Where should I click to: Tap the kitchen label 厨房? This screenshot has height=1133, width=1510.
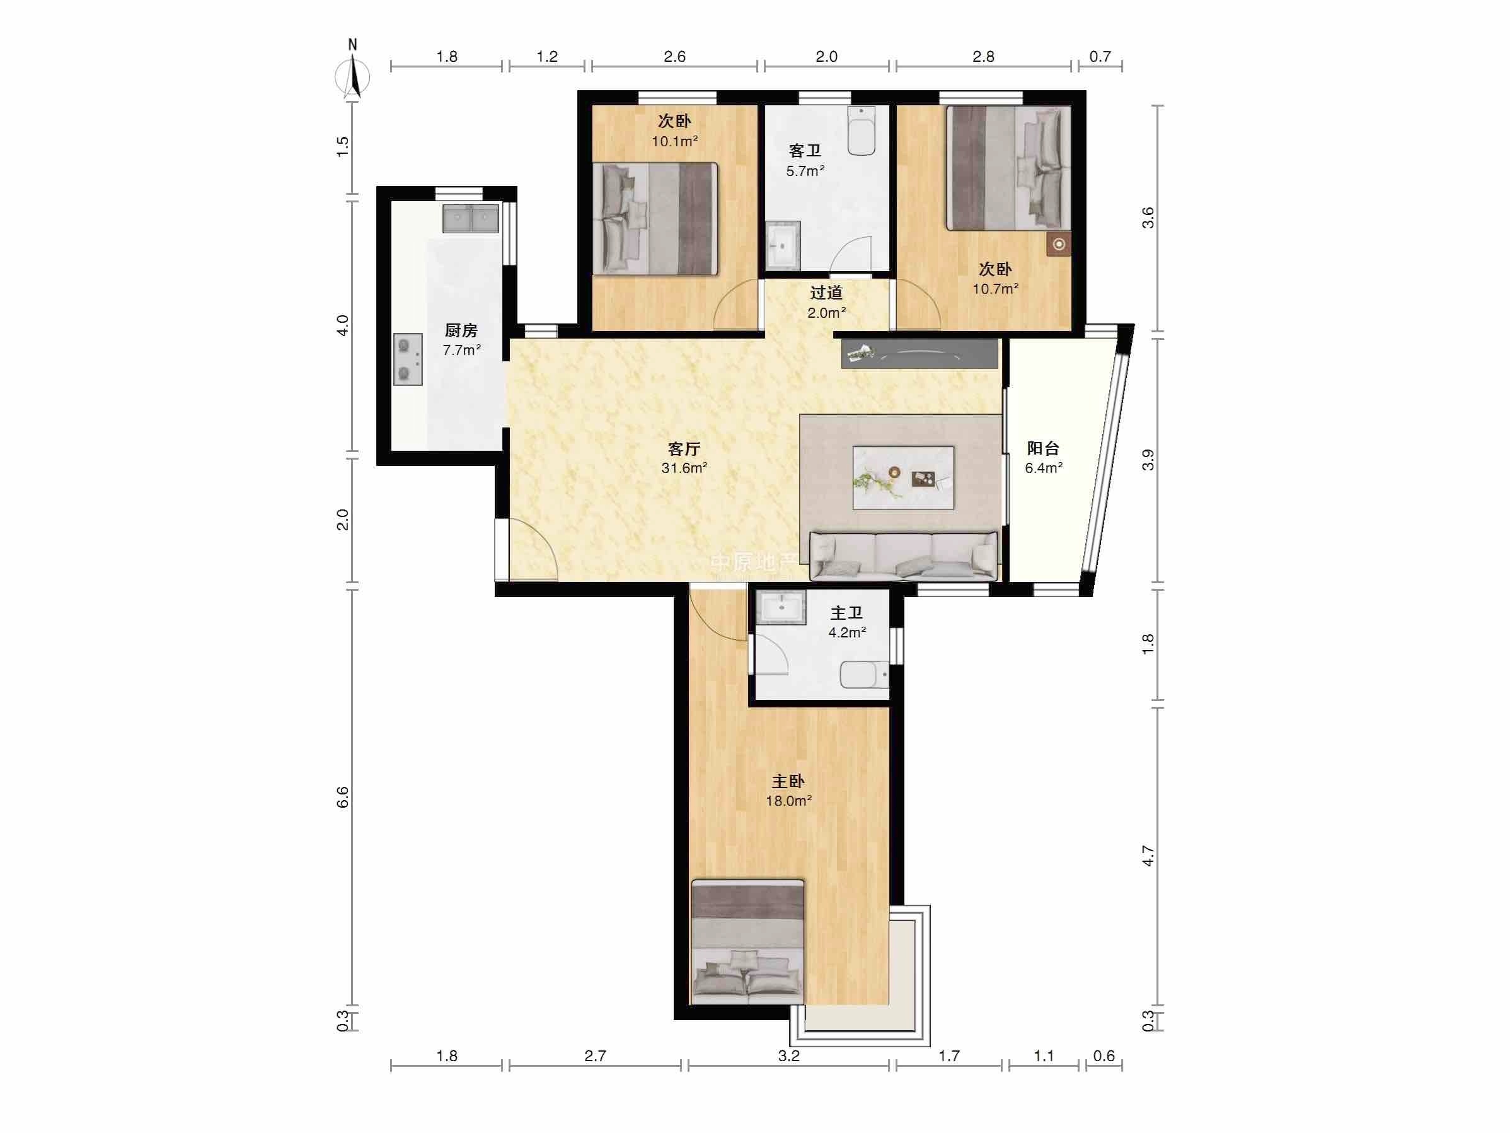[x=461, y=331]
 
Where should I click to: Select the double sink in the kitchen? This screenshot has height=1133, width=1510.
[x=470, y=219]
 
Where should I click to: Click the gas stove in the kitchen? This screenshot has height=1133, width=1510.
[x=408, y=359]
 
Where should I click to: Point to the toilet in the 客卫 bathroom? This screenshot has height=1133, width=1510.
[x=862, y=131]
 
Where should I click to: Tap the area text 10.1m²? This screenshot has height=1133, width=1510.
[x=674, y=141]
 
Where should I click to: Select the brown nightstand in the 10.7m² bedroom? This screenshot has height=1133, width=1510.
[x=1059, y=244]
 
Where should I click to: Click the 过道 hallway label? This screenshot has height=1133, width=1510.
[x=826, y=293]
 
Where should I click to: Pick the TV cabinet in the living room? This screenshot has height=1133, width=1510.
[x=919, y=354]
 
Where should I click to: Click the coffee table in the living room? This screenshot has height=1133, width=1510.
[x=903, y=477]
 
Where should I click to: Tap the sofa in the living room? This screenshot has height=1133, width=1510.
[x=903, y=556]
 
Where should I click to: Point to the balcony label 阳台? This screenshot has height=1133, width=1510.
[x=1043, y=449]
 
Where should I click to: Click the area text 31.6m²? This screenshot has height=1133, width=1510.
[x=684, y=468]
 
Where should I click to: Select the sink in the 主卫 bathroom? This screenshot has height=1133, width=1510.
[x=783, y=607]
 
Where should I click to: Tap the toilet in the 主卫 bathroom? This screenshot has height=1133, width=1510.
[x=864, y=675]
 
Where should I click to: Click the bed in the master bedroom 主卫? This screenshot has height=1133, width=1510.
[x=747, y=942]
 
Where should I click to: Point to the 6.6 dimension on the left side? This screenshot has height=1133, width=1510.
[x=343, y=798]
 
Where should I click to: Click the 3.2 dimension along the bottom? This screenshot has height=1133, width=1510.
[x=788, y=1057]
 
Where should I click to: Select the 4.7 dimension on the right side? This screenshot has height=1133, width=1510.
[x=1148, y=856]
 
